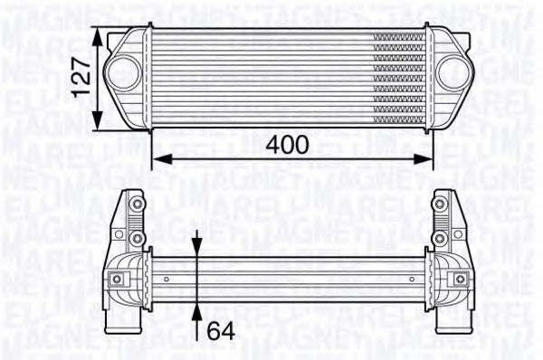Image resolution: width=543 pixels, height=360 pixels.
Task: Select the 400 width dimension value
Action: pos(288,144)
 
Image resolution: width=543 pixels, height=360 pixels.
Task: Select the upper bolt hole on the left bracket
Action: pos(137,204)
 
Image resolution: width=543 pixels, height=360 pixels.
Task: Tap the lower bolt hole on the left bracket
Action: pos(137,238)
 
